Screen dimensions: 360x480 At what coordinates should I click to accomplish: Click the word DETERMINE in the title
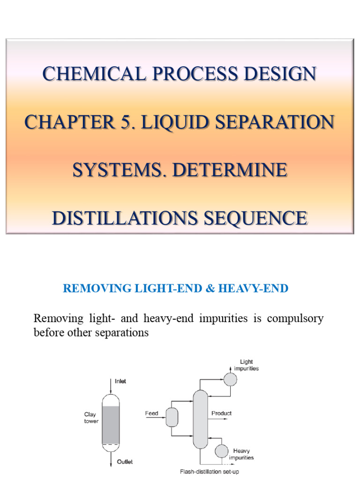(x=229, y=170)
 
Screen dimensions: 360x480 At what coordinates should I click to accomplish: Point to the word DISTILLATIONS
(x=128, y=218)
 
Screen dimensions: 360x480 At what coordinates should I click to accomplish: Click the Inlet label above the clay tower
(x=120, y=381)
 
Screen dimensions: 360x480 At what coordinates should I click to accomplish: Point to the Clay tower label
(x=90, y=417)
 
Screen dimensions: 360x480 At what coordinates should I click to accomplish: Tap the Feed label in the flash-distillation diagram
(x=151, y=413)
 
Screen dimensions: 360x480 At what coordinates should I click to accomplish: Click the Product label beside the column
(x=221, y=413)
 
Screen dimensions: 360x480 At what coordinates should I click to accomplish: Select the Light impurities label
(x=249, y=365)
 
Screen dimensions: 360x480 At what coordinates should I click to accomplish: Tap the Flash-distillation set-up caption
(x=210, y=472)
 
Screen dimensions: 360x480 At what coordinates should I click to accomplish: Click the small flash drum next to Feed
(x=172, y=417)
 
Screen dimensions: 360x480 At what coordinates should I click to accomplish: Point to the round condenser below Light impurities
(x=230, y=379)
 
